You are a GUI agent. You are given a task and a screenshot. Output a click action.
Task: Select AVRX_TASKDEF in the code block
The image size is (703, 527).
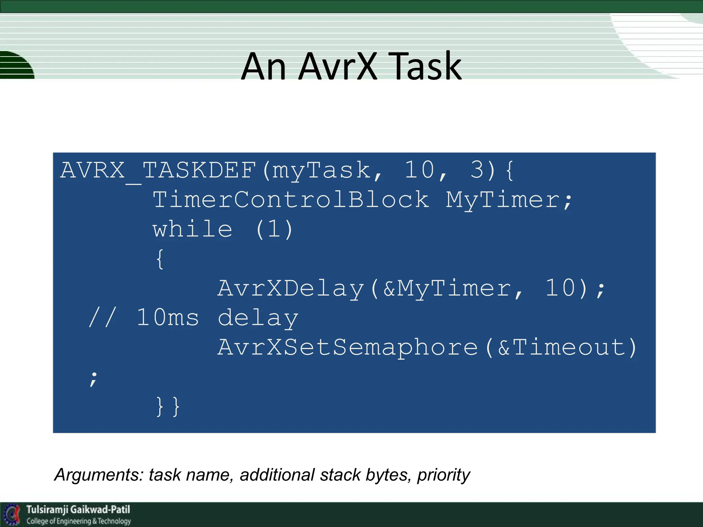pos(158,170)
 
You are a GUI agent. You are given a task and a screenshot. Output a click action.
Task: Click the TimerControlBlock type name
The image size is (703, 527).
pos(291,200)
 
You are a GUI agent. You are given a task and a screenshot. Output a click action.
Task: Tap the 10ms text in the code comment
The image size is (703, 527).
pos(168,318)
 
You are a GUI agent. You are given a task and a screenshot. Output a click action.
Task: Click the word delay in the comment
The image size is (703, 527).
pos(258,318)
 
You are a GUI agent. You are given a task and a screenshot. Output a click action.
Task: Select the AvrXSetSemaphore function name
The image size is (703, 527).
pos(347,347)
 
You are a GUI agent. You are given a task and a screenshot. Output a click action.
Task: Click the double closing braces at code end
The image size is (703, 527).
pos(168,407)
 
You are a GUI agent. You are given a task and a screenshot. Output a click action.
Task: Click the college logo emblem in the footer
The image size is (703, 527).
pos(12,514)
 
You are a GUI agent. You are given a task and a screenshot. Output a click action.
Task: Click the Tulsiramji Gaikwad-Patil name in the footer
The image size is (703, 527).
pos(78,510)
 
